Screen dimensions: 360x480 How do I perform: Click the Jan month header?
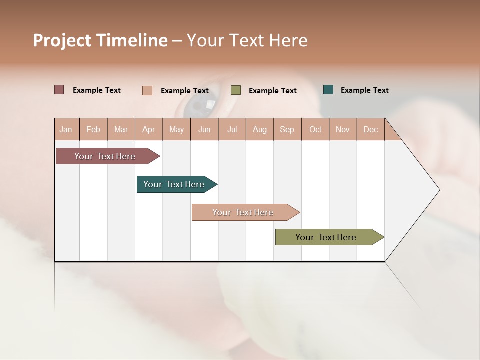point(66,130)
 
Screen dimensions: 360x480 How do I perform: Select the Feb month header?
point(93,130)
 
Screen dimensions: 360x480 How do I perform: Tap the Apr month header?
point(148,130)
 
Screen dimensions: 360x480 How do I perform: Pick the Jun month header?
point(204,130)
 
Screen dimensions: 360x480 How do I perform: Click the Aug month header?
point(259,130)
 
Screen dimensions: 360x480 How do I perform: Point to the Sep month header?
point(287,130)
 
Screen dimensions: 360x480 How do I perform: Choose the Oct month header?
point(315,130)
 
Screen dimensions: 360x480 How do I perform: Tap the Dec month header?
point(370,130)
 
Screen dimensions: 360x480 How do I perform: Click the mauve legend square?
point(59,90)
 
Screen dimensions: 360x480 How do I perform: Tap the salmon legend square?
point(147,90)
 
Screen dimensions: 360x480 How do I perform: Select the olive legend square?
point(236,90)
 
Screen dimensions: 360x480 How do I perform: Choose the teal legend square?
point(328,90)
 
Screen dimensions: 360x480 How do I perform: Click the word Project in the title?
point(62,40)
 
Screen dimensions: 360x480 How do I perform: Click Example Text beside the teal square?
point(364,90)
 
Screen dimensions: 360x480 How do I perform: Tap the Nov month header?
point(343,130)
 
